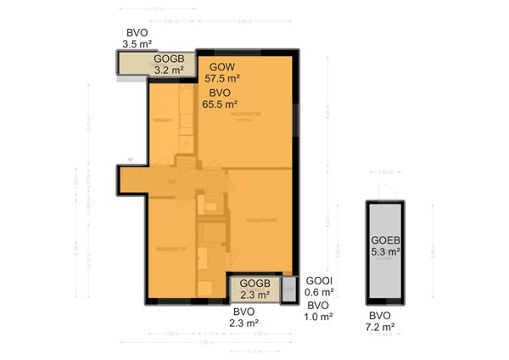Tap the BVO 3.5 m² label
pos(137,37)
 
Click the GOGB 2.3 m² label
pos(255,289)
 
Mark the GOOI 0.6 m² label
pos(319,286)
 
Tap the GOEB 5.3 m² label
pos(386,245)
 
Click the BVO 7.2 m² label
pos(380,321)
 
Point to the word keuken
pos(163,120)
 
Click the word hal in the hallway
pos(171,180)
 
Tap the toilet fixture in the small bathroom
pos(212,206)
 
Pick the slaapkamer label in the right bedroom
pos(260,219)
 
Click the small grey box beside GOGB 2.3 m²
pos(288,288)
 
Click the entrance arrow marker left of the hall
pos(130,160)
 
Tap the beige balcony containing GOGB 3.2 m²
pos(144,64)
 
